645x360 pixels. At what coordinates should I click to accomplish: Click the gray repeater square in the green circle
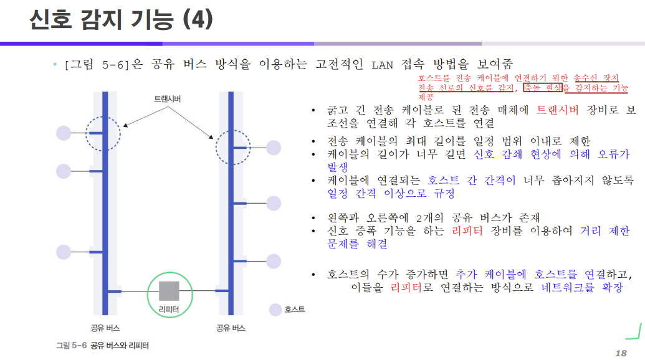click(169, 291)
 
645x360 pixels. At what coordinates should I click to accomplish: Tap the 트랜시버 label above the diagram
click(168, 99)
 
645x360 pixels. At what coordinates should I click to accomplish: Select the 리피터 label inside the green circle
click(169, 309)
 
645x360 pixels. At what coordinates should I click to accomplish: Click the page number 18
click(620, 351)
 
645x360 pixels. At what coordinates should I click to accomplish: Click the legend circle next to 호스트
click(275, 310)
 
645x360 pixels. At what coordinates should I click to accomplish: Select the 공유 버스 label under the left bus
click(105, 328)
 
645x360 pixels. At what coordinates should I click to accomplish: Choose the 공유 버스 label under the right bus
click(231, 328)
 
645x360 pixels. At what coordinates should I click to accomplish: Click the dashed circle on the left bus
click(102, 133)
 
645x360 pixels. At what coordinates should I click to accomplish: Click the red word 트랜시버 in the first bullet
click(557, 111)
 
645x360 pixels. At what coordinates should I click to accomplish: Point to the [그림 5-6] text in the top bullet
click(98, 64)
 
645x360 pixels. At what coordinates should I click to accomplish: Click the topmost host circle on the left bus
click(64, 133)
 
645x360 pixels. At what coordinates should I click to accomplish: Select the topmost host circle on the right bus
click(274, 148)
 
